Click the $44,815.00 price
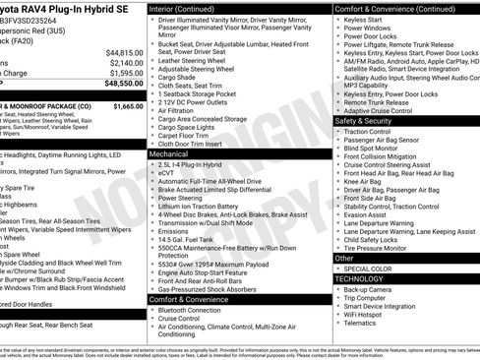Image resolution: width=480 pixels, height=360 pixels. pos(125,52)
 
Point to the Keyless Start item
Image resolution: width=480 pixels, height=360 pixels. pos(366,19)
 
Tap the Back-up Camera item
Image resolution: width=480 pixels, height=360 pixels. pos(370,289)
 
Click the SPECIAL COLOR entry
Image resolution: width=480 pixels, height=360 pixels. pos(369,268)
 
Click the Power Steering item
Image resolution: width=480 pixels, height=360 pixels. pos(180,197)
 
